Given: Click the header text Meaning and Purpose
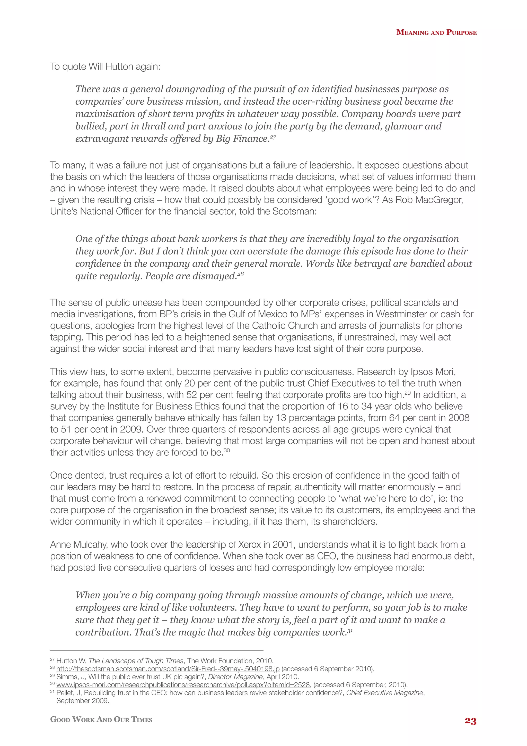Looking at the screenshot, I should (x=436, y=32).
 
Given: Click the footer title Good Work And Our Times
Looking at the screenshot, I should (x=101, y=719).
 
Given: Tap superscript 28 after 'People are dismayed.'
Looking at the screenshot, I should (x=240, y=274).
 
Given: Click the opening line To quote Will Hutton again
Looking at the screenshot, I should (x=105, y=67).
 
